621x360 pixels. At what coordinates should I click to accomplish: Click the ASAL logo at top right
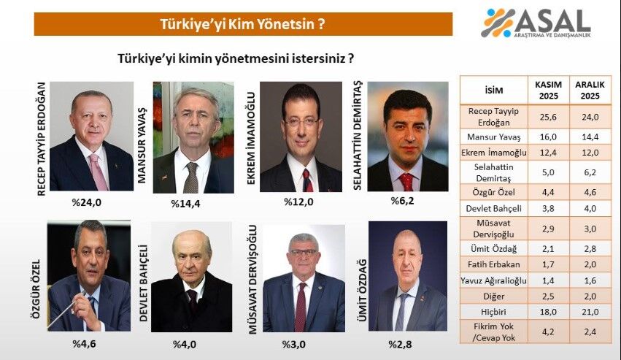pos(536,23)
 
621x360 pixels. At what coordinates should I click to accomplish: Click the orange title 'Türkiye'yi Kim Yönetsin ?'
pos(242,23)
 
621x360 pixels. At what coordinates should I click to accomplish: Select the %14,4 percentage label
pos(185,203)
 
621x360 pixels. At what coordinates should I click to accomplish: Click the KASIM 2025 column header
pos(549,91)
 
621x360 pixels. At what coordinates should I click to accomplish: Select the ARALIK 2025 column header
pos(590,91)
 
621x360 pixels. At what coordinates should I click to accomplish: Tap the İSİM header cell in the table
pos(493,91)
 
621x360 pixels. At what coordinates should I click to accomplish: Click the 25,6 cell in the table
pos(549,115)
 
